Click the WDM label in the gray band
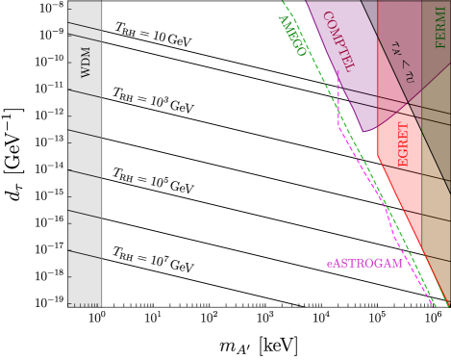[86, 61]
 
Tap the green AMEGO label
[291, 36]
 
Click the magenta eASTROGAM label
[363, 263]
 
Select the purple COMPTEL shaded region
[346, 87]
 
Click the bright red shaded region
[399, 173]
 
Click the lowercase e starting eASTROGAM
[329, 264]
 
